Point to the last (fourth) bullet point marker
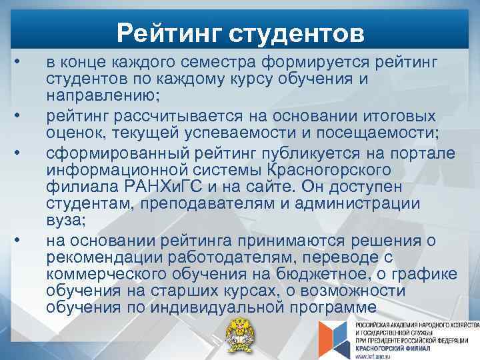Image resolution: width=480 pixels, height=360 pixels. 21,238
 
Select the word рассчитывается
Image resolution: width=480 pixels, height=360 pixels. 178,116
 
